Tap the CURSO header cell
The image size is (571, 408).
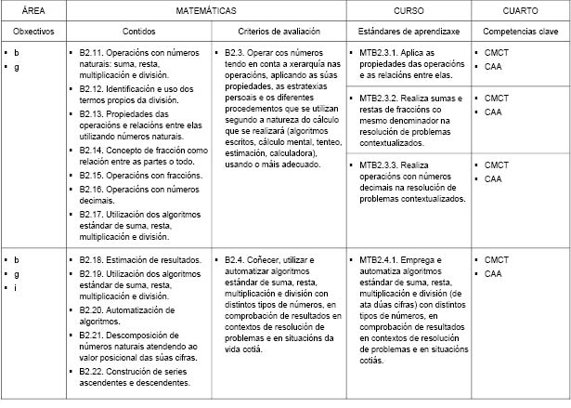[409, 10]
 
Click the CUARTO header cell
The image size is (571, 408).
[520, 10]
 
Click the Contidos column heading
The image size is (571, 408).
[143, 31]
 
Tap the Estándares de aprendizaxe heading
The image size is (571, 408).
[408, 31]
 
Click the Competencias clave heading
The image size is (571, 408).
[519, 31]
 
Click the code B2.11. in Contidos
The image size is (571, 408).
[96, 53]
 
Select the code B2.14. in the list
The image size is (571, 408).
[96, 150]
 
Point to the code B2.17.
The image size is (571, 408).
[96, 217]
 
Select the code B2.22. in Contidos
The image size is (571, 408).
[96, 371]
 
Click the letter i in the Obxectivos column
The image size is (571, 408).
[16, 287]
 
